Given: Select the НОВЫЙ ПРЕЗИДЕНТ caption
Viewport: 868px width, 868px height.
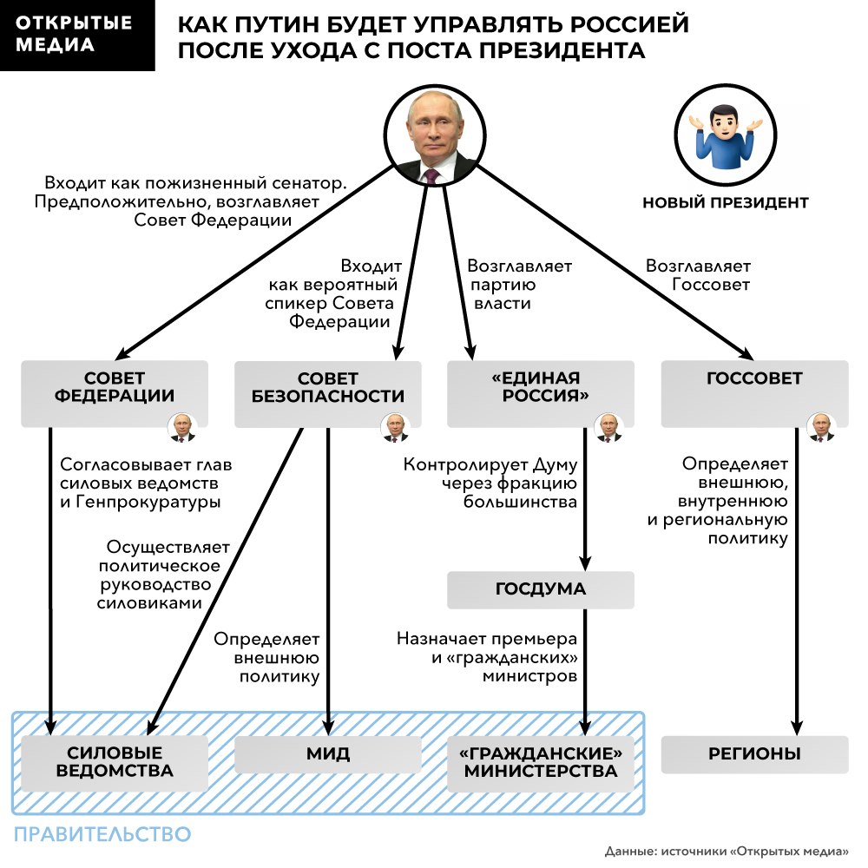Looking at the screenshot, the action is coord(725,203).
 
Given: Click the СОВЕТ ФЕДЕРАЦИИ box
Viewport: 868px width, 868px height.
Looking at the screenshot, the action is coord(115,393).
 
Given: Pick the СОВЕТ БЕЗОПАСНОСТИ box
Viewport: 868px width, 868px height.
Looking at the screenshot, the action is coord(328,394).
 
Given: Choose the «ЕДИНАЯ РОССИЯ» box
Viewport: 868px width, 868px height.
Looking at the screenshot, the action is coord(540,393).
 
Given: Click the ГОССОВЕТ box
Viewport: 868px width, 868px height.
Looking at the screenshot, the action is coord(754,393).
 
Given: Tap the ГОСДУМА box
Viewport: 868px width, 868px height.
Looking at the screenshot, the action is coord(540,589).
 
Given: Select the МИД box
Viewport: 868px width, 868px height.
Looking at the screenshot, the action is coord(328,754).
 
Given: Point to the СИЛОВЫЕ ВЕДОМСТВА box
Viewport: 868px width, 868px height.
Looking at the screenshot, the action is coord(115,763).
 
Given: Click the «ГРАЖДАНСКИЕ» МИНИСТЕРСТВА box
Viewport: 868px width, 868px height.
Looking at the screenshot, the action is coord(540,763).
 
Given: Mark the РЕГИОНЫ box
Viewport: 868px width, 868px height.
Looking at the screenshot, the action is coord(754,754).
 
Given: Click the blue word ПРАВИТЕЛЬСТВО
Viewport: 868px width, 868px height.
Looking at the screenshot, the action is coord(102,834).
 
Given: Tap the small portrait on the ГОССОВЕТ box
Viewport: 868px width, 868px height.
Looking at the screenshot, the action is coord(821,427).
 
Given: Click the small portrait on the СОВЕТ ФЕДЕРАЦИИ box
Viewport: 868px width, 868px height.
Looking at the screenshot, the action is coord(182,427).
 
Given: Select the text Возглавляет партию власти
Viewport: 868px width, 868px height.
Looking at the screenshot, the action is coord(519,285).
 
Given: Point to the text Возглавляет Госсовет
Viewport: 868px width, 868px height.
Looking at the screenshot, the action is coord(698,275).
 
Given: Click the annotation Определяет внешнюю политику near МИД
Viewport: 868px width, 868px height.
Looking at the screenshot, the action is coord(266,658).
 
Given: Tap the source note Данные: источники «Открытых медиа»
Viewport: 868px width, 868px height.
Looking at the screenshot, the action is coord(727,851).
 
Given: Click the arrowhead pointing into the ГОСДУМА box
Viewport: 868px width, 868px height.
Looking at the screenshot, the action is coord(584,563).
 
